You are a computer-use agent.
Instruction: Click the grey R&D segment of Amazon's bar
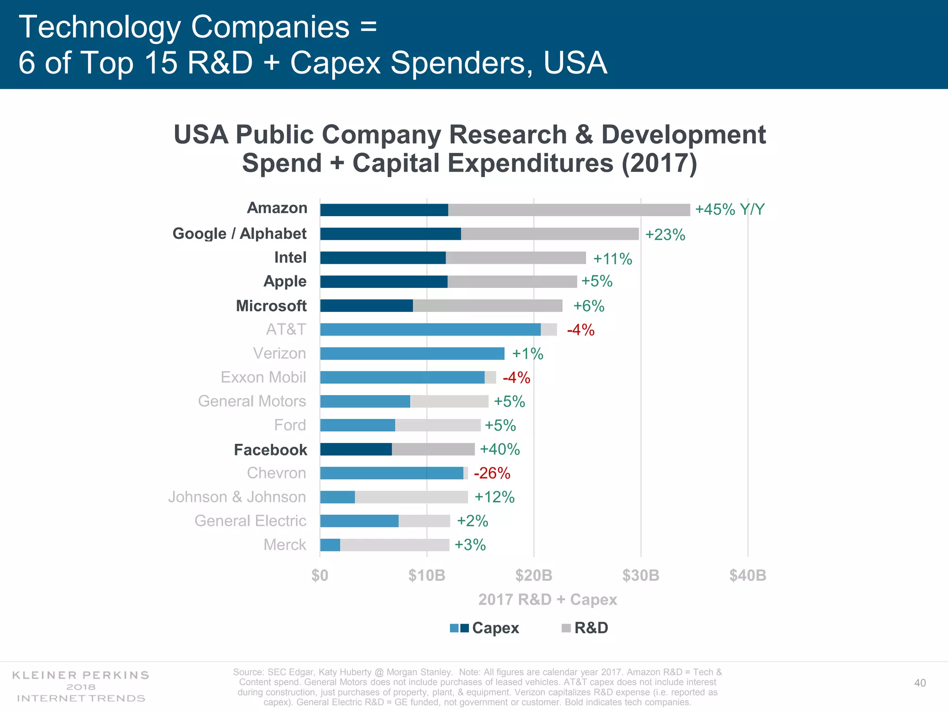[568, 210]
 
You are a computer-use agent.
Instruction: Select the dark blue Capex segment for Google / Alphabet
[390, 234]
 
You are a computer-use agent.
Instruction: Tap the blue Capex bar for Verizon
[412, 354]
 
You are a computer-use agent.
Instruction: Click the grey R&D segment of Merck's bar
[394, 545]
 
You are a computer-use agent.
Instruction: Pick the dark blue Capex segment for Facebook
[355, 449]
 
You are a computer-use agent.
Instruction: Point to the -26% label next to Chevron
[492, 473]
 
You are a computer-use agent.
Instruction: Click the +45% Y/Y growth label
[730, 209]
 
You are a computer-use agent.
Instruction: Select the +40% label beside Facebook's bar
[499, 449]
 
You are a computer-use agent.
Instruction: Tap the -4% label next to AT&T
[580, 330]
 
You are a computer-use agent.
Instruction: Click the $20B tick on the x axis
[534, 575]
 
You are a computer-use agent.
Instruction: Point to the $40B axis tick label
[748, 575]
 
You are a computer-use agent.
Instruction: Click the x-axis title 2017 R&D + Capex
[548, 599]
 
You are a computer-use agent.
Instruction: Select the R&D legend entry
[585, 628]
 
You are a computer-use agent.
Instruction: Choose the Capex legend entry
[485, 628]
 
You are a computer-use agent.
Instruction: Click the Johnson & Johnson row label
[237, 497]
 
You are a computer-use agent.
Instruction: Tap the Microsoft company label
[271, 306]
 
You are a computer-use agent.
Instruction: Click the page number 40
[920, 683]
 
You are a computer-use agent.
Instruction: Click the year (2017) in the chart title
[659, 163]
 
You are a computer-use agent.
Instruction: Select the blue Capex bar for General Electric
[359, 521]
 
